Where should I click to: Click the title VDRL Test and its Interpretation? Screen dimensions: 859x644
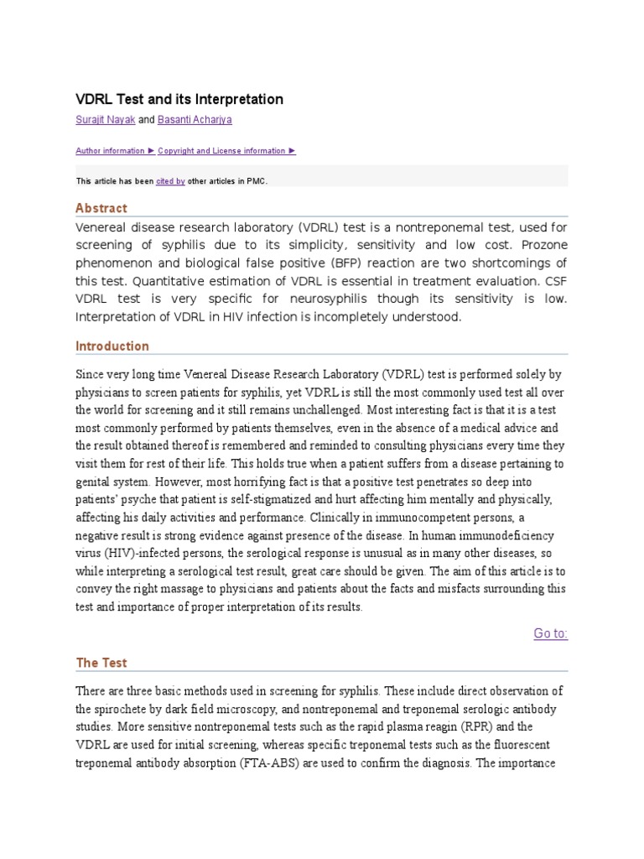point(179,99)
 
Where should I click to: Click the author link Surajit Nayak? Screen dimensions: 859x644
point(105,120)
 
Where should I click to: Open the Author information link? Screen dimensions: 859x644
point(115,151)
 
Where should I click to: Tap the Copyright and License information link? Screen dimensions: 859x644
point(226,151)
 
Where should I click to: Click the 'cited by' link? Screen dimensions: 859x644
point(170,180)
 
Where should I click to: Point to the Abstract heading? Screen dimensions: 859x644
point(101,208)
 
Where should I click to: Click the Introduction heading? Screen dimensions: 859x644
point(112,346)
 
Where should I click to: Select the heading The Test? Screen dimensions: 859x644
point(101,663)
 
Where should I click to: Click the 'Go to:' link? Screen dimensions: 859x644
point(550,633)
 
